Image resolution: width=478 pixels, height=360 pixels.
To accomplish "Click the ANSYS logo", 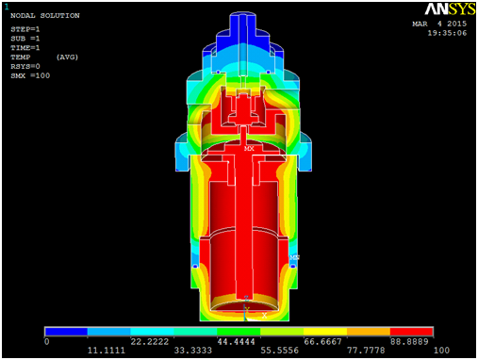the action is point(450,9).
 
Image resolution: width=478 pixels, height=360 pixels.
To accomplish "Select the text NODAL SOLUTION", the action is point(45,16).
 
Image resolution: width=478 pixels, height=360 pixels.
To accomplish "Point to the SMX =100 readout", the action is point(30,75).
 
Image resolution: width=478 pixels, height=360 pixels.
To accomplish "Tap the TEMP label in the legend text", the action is point(21,57).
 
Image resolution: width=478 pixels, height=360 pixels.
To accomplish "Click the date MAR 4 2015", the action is point(439,24).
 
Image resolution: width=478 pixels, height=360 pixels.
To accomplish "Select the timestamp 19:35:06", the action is point(447,33).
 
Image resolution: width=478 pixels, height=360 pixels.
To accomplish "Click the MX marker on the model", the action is point(249,148).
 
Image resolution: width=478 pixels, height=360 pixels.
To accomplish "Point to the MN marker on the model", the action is point(294,257).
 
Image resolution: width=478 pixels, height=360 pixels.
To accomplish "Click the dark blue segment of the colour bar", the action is point(66,332).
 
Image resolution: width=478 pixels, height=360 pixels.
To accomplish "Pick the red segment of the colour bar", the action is point(411,332).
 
